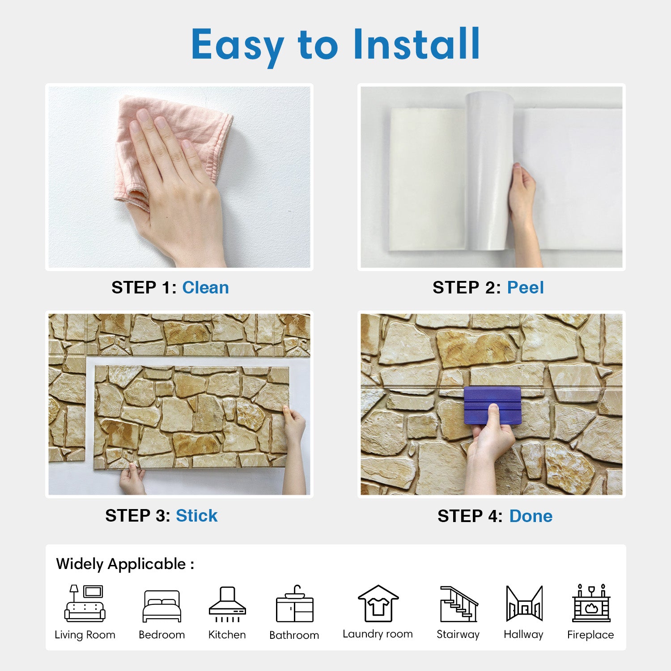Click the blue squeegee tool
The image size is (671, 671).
pyautogui.click(x=493, y=405)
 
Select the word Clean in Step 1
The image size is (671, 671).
pyautogui.click(x=205, y=288)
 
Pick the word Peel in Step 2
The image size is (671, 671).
pyautogui.click(x=525, y=288)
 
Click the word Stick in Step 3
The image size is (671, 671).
pyautogui.click(x=196, y=516)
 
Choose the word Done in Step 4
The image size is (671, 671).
pyautogui.click(x=531, y=516)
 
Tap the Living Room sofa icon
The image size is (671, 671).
pyautogui.click(x=85, y=603)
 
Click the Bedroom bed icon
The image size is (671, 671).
pyautogui.click(x=161, y=606)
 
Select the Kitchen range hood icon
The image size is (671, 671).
pyautogui.click(x=227, y=604)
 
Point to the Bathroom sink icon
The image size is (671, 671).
pyautogui.click(x=295, y=603)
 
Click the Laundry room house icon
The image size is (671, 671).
pyautogui.click(x=378, y=603)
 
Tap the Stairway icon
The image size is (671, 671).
pyautogui.click(x=459, y=604)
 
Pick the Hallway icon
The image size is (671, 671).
pyautogui.click(x=524, y=603)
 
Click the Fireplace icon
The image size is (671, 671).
pyautogui.click(x=591, y=603)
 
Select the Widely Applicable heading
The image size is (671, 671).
pyautogui.click(x=125, y=564)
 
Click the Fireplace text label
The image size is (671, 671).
pyautogui.click(x=590, y=635)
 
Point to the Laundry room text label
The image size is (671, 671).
pyautogui.click(x=378, y=634)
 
